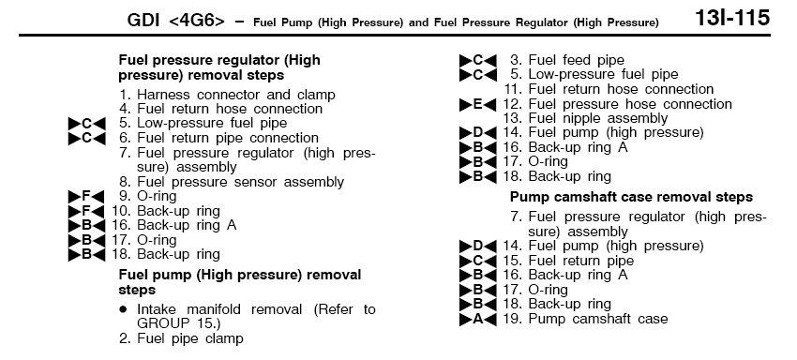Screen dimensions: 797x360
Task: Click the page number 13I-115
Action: click(x=732, y=19)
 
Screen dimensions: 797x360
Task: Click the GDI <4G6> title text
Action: click(x=176, y=21)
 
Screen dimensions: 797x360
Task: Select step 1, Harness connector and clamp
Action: click(x=227, y=95)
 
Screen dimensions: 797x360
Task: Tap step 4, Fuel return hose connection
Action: click(x=220, y=109)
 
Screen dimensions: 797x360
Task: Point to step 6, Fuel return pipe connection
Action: click(x=219, y=138)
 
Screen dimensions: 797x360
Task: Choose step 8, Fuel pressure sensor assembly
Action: click(x=232, y=182)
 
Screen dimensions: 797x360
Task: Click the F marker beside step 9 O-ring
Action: click(x=86, y=196)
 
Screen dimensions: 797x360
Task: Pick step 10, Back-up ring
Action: click(x=166, y=211)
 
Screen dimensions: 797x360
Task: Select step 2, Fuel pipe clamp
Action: click(x=181, y=338)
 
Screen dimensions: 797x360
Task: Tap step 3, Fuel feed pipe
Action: click(x=567, y=60)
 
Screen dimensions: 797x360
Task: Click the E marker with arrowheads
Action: click(x=478, y=105)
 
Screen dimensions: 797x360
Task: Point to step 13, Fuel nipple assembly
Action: click(x=585, y=118)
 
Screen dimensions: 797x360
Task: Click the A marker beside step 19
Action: click(x=478, y=320)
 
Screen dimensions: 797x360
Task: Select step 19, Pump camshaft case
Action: click(x=585, y=320)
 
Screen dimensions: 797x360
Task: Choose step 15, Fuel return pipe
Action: click(x=569, y=261)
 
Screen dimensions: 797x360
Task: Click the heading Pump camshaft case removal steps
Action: click(x=631, y=197)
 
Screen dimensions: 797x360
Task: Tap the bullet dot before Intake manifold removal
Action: click(x=123, y=309)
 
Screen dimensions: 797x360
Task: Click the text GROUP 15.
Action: click(x=179, y=323)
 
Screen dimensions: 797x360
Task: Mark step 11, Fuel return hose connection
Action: click(x=609, y=89)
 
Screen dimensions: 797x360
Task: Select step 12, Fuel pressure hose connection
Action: click(x=618, y=104)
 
